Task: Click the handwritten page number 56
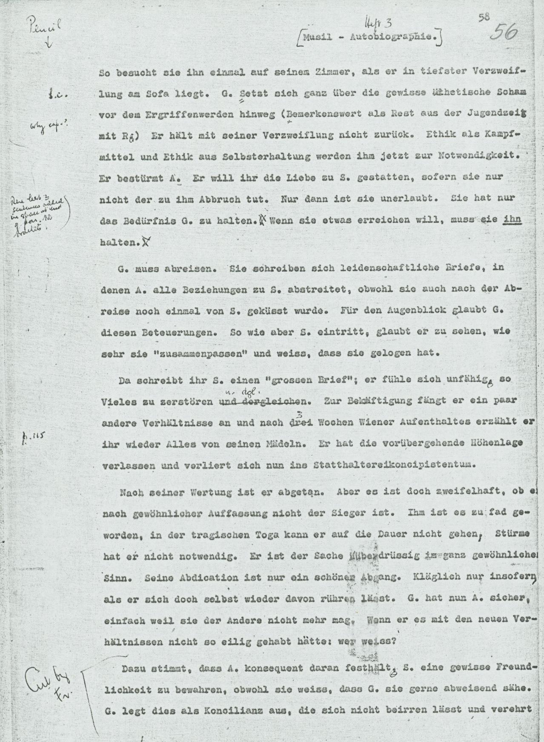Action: point(504,32)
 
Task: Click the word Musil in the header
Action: point(317,37)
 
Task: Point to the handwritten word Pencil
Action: point(50,26)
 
